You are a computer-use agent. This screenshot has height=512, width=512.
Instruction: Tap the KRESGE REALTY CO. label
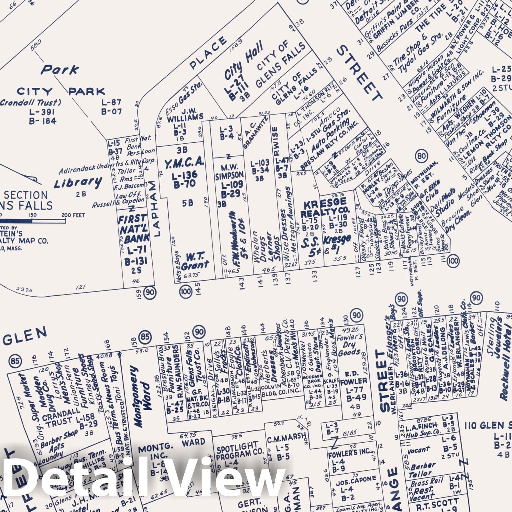(x=325, y=208)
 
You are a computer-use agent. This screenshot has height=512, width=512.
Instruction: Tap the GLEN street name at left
(x=26, y=337)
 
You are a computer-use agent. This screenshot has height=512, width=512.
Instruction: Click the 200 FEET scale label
(x=73, y=215)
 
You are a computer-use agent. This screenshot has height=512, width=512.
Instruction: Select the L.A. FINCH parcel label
(x=421, y=426)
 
